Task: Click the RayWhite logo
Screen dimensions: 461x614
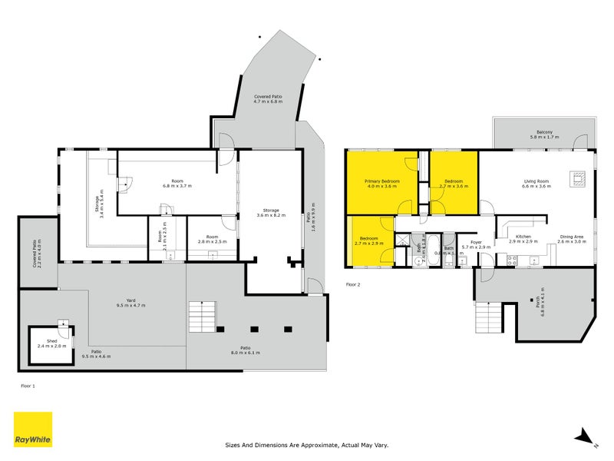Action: tap(33, 429)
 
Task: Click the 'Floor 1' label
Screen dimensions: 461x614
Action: tap(28, 386)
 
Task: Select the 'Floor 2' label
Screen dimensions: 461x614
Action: tap(353, 284)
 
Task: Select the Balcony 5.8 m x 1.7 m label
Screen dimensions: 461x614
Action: tap(545, 134)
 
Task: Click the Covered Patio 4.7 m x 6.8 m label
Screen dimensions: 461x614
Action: tap(268, 99)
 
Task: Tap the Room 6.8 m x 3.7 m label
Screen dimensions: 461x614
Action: tap(177, 183)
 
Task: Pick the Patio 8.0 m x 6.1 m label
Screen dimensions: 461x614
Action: tap(246, 350)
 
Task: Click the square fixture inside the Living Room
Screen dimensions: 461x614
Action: tap(578, 179)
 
